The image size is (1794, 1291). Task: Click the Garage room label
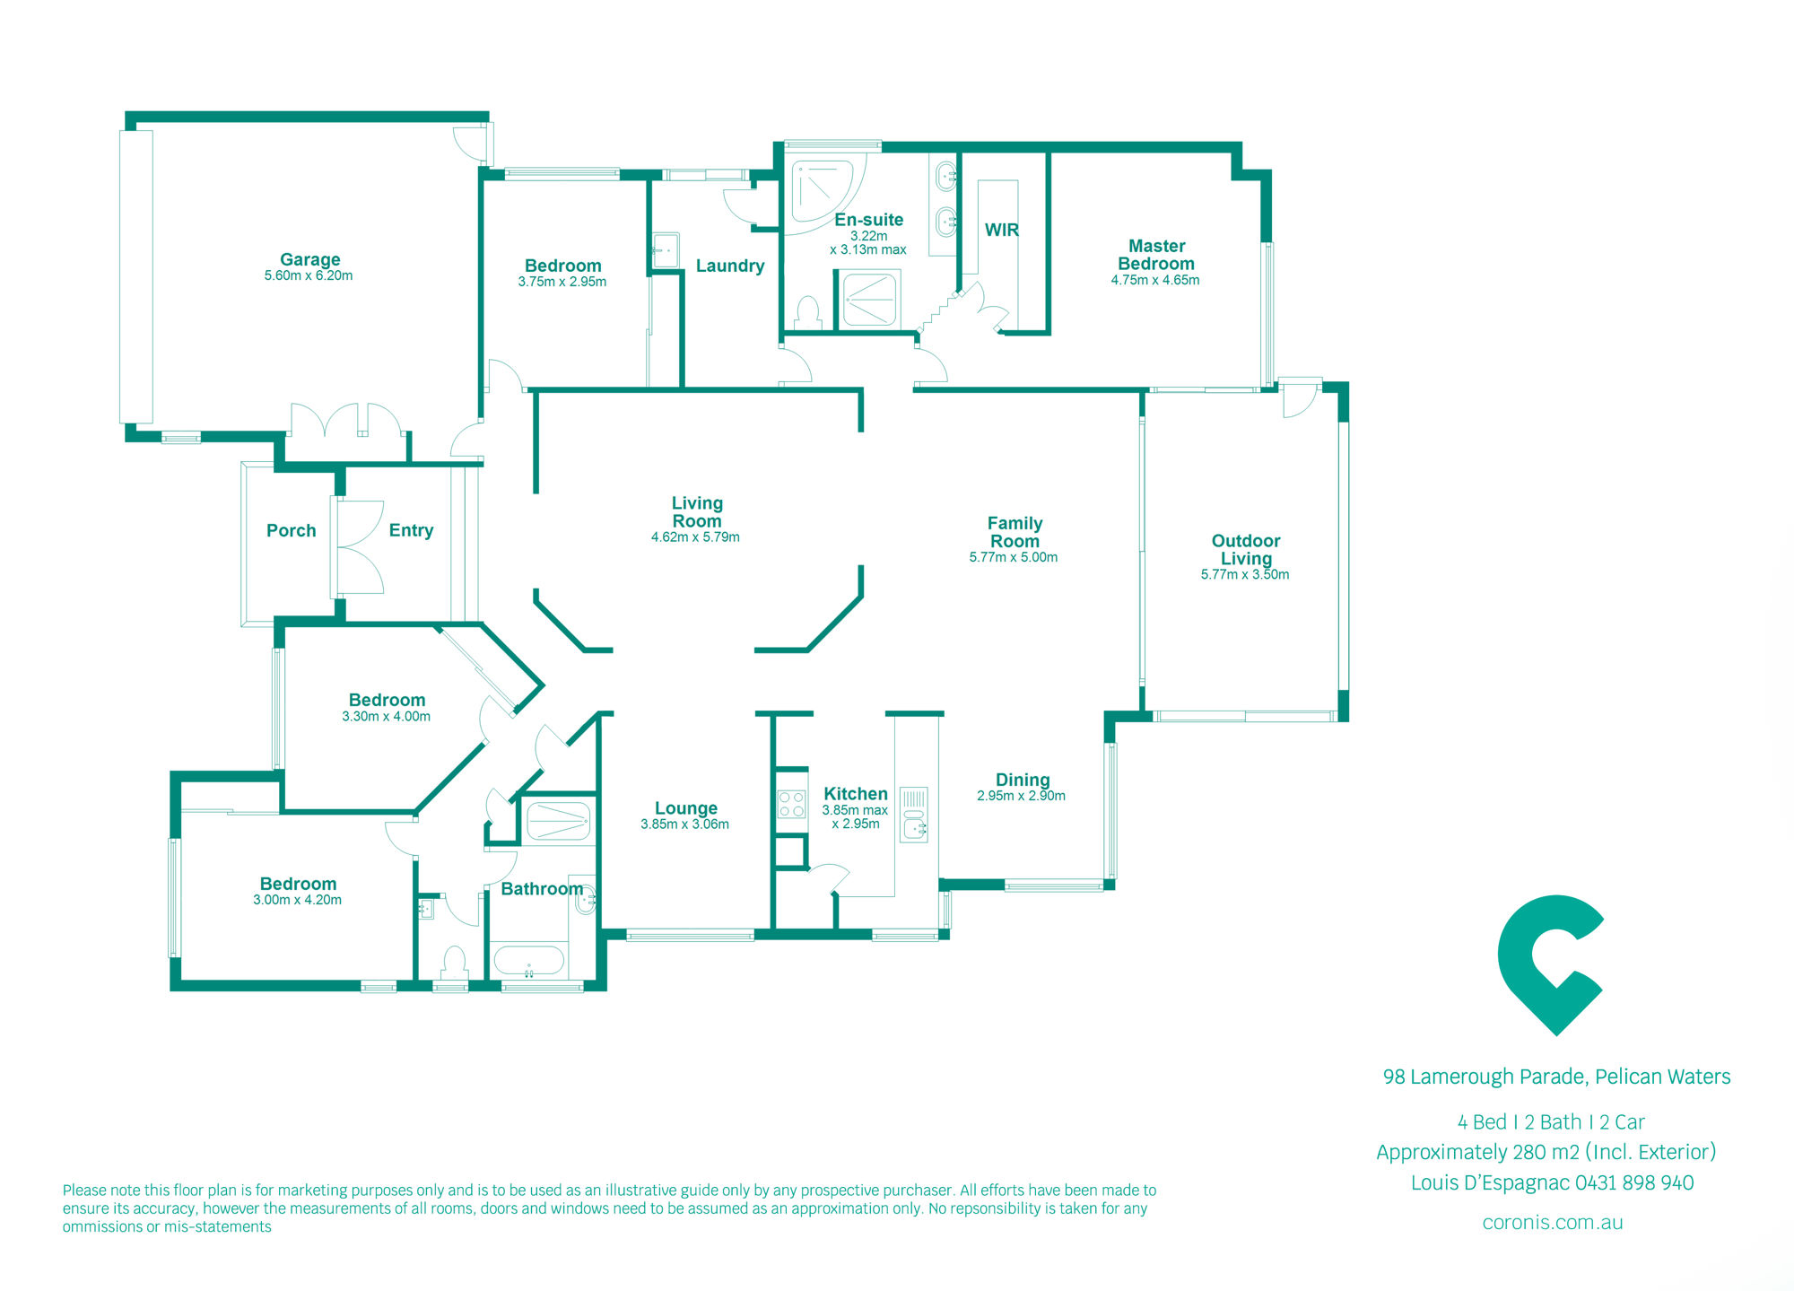pyautogui.click(x=309, y=259)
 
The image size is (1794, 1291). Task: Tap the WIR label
pyautogui.click(x=1002, y=230)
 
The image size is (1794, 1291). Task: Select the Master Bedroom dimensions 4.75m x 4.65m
pyautogui.click(x=1155, y=280)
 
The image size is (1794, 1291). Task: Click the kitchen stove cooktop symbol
pyautogui.click(x=791, y=804)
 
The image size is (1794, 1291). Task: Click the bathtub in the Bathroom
pyautogui.click(x=529, y=961)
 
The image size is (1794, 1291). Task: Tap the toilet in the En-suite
pyautogui.click(x=808, y=313)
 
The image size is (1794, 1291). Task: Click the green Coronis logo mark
pyautogui.click(x=1550, y=964)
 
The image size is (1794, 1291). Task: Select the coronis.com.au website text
pyautogui.click(x=1553, y=1222)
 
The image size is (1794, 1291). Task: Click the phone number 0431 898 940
pyautogui.click(x=1634, y=1182)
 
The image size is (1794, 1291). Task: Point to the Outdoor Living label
pyautogui.click(x=1246, y=549)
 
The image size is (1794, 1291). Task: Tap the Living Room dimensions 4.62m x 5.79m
pyautogui.click(x=695, y=537)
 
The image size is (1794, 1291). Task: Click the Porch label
pyautogui.click(x=292, y=530)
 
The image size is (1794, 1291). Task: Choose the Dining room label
pyautogui.click(x=1023, y=780)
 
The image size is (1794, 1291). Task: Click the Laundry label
pyautogui.click(x=730, y=266)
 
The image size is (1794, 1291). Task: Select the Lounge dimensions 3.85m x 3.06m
pyautogui.click(x=684, y=824)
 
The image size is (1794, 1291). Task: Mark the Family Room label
pyautogui.click(x=1015, y=532)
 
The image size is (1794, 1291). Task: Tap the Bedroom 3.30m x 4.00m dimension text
pyautogui.click(x=386, y=717)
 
